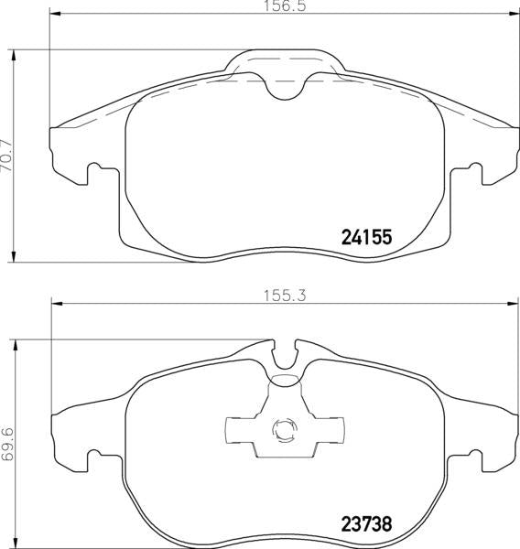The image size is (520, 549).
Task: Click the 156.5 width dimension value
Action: (x=285, y=6)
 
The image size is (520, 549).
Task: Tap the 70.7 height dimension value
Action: (x=6, y=156)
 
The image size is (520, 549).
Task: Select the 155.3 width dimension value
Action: (x=285, y=296)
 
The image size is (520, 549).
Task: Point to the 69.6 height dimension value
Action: (x=7, y=444)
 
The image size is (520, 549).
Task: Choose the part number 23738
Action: (x=366, y=524)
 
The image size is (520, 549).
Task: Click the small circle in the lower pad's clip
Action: (x=284, y=430)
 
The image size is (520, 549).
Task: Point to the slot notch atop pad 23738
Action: (x=285, y=354)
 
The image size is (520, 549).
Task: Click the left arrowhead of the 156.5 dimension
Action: (x=55, y=14)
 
